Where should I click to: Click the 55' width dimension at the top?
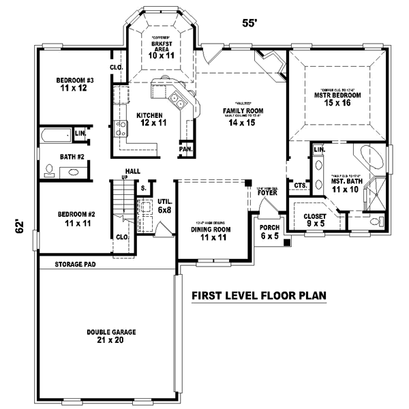(x=250, y=22)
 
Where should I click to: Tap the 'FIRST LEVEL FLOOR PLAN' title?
(x=258, y=296)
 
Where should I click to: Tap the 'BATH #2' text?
(x=72, y=157)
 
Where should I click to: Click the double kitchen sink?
(x=177, y=102)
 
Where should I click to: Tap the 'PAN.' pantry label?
(x=185, y=149)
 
